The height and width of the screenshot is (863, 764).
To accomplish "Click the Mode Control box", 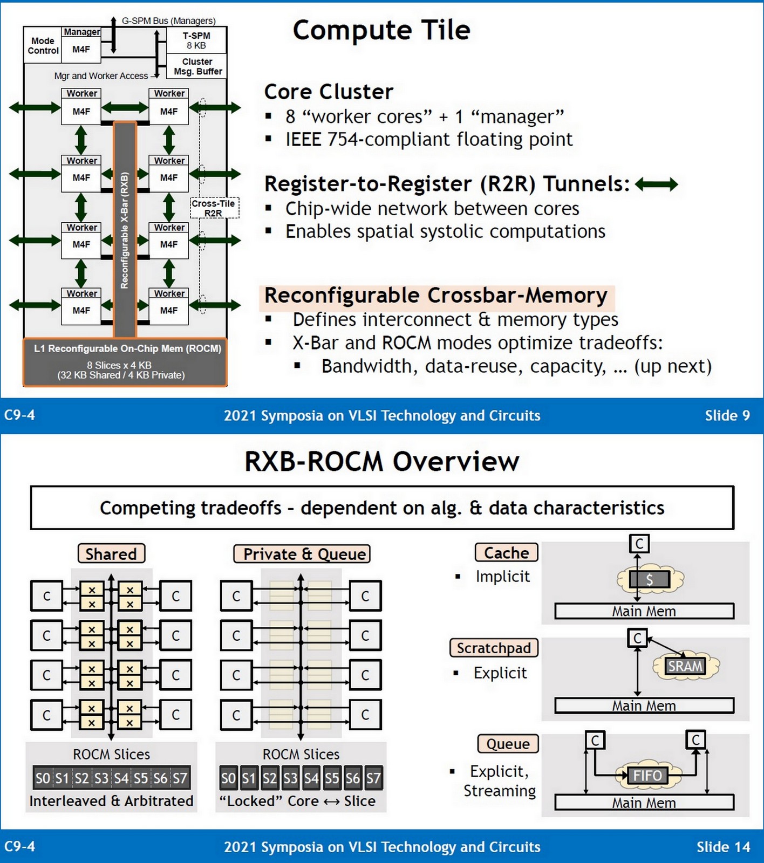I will pos(43,46).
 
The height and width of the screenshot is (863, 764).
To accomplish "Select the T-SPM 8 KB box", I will pos(196,40).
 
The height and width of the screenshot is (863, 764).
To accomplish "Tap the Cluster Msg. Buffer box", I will pos(197,66).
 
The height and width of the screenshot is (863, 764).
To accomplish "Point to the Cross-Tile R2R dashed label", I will pos(214,208).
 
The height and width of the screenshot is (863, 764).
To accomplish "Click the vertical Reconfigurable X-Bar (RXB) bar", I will pos(125,229).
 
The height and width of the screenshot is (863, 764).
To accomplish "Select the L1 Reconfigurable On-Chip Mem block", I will pos(125,362).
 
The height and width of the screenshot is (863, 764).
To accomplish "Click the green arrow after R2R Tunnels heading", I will pos(656,184).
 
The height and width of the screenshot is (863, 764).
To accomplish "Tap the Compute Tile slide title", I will pos(381,30).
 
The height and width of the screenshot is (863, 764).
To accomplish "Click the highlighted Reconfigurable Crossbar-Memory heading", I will pos(436,296).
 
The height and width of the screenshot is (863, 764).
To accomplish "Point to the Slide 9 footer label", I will pos(727,415).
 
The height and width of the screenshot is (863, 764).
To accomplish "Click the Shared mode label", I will pos(111,554).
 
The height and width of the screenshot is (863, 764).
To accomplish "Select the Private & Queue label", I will pos(302,554).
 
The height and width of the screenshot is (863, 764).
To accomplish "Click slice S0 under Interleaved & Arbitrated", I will pos(43,778).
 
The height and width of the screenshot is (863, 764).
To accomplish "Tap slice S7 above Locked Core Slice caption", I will pos(373,778).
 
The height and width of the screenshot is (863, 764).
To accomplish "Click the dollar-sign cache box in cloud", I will pos(650,580).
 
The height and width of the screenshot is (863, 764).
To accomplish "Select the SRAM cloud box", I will pos(685,666).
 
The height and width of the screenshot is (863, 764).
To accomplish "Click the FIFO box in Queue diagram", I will pos(647,776).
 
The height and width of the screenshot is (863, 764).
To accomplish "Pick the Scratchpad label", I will pos(494,648).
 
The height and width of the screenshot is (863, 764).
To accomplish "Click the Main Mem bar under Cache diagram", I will pos(644,611).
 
